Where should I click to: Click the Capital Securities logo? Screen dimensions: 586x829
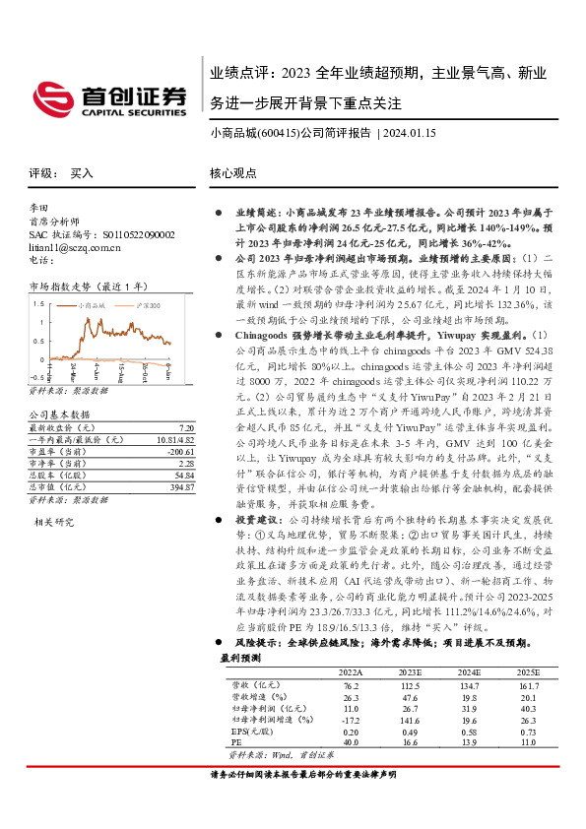coord(108,96)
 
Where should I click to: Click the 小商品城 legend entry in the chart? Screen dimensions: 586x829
coord(95,307)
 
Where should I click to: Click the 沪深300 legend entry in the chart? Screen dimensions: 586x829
coord(144,307)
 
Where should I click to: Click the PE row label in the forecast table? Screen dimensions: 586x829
coord(236,742)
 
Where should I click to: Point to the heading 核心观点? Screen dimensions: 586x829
coord(232,172)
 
